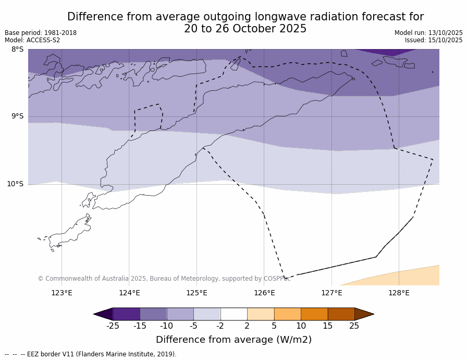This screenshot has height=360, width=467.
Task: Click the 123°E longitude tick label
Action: pyautogui.click(x=62, y=293)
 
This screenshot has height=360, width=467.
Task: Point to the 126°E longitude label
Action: pyautogui.click(x=264, y=293)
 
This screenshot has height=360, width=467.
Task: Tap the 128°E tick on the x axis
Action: pyautogui.click(x=399, y=293)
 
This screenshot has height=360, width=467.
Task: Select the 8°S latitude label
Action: pyautogui.click(x=17, y=50)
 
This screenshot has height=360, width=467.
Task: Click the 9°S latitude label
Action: pyautogui.click(x=17, y=116)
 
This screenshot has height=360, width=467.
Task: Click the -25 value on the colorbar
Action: pyautogui.click(x=113, y=326)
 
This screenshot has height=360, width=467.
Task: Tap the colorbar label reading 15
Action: pyautogui.click(x=327, y=326)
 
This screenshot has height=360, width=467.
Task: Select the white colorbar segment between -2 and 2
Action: pyautogui.click(x=233, y=314)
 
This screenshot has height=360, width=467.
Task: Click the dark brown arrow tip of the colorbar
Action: pyautogui.click(x=364, y=314)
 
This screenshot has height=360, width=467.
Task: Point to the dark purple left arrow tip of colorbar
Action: pyautogui.click(x=103, y=314)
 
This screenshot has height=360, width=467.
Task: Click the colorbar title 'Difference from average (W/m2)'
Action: pyautogui.click(x=233, y=340)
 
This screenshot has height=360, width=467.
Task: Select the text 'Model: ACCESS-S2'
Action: pyautogui.click(x=32, y=40)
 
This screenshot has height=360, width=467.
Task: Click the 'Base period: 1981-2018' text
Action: pyautogui.click(x=41, y=33)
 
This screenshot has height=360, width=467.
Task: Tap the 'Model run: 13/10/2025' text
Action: pyautogui.click(x=428, y=33)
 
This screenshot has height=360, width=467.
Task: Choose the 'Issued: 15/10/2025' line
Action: pyautogui.click(x=434, y=40)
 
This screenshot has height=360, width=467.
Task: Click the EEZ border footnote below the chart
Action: pyautogui.click(x=91, y=354)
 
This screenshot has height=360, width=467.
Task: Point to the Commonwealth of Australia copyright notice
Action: pyautogui.click(x=164, y=279)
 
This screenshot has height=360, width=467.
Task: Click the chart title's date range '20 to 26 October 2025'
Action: pyautogui.click(x=245, y=29)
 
